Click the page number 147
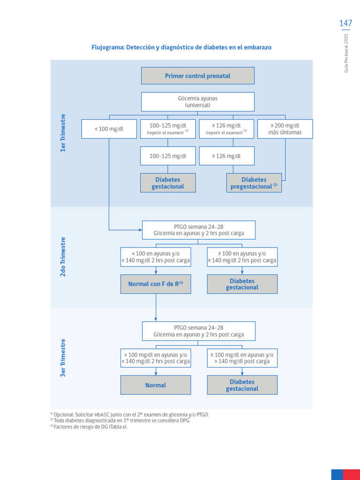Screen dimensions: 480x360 (345, 23)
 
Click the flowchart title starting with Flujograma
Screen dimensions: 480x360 (181, 47)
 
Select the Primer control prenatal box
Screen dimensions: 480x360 (197, 75)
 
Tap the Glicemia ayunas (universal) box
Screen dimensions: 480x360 (197, 102)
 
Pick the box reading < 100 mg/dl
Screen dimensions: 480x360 (109, 129)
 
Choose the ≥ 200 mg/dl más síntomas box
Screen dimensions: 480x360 (285, 129)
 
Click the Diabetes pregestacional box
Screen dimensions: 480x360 (254, 183)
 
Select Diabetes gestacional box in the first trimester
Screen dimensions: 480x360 (168, 183)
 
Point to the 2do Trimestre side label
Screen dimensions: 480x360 (63, 256)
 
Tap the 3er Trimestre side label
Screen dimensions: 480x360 (63, 358)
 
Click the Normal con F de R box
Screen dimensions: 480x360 (156, 284)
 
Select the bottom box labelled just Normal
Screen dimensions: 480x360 (156, 385)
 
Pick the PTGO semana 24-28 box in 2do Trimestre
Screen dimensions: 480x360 (199, 230)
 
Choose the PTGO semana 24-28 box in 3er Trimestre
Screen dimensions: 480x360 (199, 331)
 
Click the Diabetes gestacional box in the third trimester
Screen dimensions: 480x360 (242, 385)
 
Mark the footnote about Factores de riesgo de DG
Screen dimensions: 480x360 (89, 427)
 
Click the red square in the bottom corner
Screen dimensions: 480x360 (351, 474)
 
